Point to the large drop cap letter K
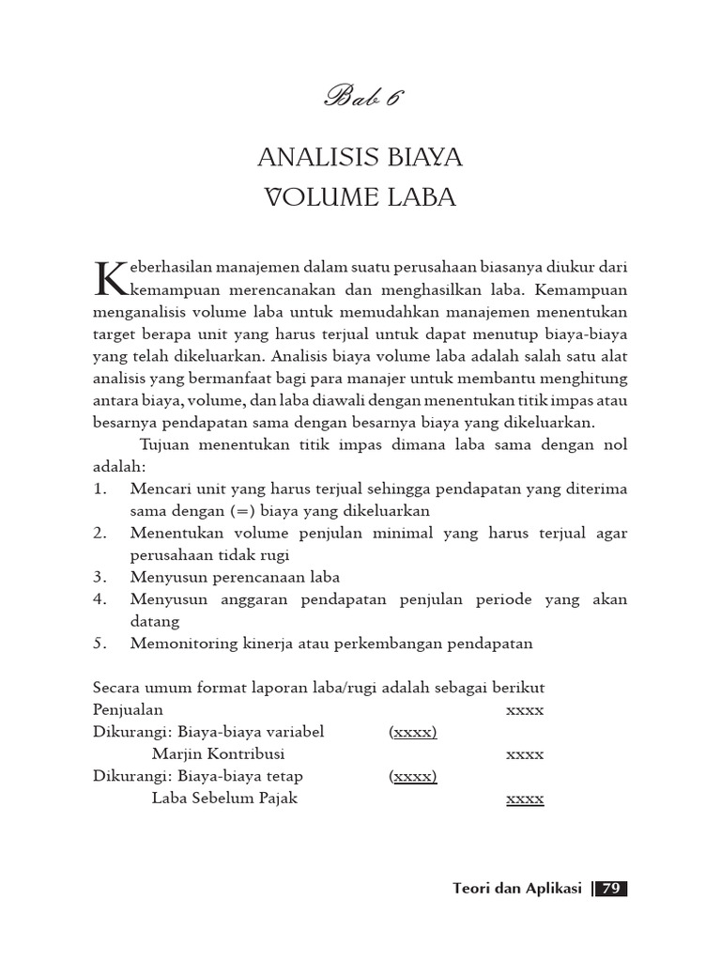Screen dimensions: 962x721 [x=111, y=278]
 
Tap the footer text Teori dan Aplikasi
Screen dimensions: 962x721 [x=517, y=888]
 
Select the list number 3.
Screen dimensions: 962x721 [x=100, y=577]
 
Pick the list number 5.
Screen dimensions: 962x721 [x=100, y=643]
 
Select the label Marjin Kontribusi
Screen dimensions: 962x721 [x=218, y=754]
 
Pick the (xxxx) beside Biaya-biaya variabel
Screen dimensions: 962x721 [x=413, y=732]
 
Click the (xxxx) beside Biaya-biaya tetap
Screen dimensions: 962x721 [x=413, y=776]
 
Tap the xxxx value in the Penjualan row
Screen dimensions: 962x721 [x=525, y=710]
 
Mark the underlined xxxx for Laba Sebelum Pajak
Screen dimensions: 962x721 [x=525, y=799]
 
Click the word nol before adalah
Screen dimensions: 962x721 [x=614, y=444]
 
